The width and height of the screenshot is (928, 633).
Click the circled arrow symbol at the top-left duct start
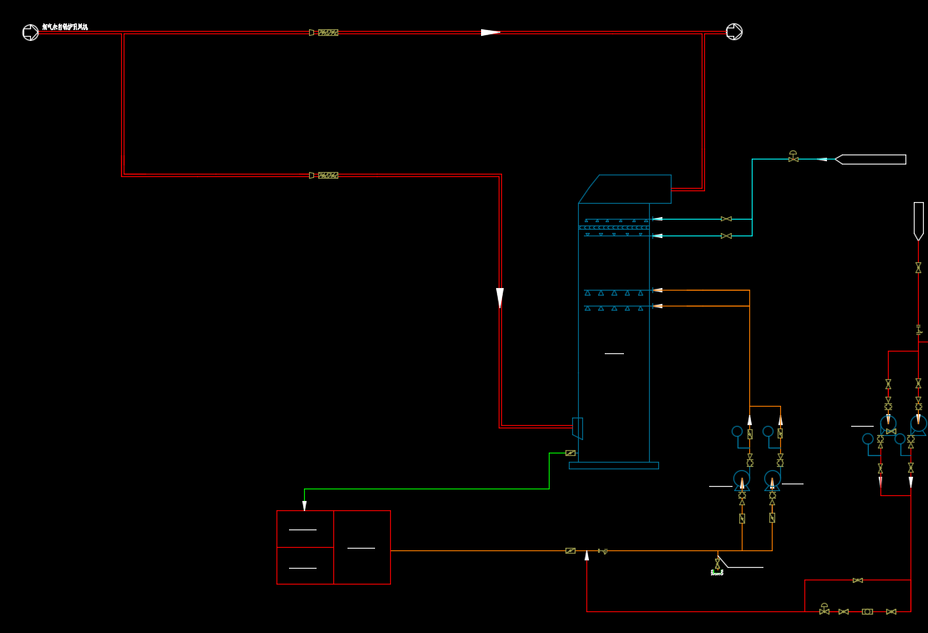click(x=30, y=33)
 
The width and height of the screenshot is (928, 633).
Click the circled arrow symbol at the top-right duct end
click(x=734, y=32)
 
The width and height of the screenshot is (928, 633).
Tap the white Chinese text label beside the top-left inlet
click(x=65, y=28)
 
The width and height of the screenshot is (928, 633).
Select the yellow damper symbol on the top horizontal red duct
click(x=327, y=33)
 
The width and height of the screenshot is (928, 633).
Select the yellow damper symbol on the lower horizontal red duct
click(x=327, y=175)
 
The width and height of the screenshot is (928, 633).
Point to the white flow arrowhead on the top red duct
click(x=490, y=33)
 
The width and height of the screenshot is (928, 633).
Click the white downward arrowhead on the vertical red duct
click(x=499, y=297)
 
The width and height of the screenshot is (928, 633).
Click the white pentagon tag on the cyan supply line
click(x=870, y=160)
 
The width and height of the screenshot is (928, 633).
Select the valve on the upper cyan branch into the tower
click(x=726, y=219)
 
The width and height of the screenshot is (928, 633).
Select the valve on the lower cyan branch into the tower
click(x=726, y=235)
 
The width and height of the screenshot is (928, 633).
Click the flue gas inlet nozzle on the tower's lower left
click(x=577, y=428)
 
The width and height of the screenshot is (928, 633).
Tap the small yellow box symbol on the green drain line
click(x=570, y=453)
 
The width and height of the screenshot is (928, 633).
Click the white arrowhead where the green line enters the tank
click(x=304, y=506)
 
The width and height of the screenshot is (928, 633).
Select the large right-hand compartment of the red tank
click(x=362, y=547)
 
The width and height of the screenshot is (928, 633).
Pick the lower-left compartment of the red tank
click(x=305, y=565)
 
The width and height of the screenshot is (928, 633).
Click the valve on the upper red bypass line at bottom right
click(x=858, y=580)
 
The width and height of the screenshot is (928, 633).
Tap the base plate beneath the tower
click(x=614, y=465)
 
